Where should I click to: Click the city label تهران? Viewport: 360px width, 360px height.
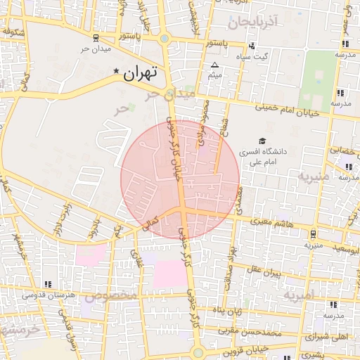(x=141, y=72)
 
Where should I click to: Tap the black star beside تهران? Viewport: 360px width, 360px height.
(x=117, y=72)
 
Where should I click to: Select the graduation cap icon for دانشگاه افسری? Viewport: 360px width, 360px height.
(x=262, y=141)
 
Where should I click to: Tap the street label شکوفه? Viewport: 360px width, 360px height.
(x=15, y=32)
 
